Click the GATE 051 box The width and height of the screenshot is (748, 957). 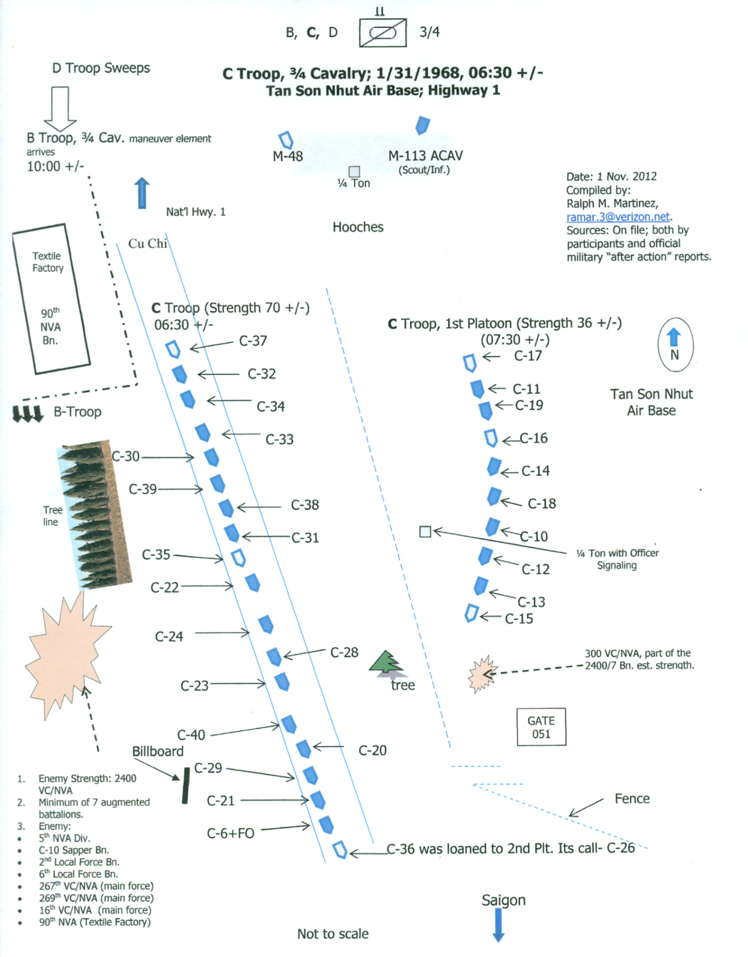click(541, 727)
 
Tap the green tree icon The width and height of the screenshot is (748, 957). click(386, 663)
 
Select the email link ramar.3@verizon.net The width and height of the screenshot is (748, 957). click(618, 217)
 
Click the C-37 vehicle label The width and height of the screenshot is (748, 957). click(253, 341)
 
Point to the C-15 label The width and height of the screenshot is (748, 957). click(519, 619)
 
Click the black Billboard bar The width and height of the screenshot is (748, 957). click(186, 785)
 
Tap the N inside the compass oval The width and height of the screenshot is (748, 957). click(675, 356)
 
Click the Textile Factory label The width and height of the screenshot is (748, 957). click(48, 262)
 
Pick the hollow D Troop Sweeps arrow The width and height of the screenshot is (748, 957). click(60, 109)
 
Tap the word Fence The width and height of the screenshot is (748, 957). click(632, 799)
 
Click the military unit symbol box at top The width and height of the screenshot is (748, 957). click(383, 33)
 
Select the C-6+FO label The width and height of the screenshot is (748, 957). click(231, 833)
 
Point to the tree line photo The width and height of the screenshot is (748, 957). click(95, 514)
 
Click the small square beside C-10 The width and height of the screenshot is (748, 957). click(425, 532)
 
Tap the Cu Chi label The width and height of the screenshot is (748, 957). click(147, 244)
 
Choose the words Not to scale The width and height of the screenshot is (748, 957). click(333, 933)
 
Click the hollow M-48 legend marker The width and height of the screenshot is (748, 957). click(286, 140)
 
